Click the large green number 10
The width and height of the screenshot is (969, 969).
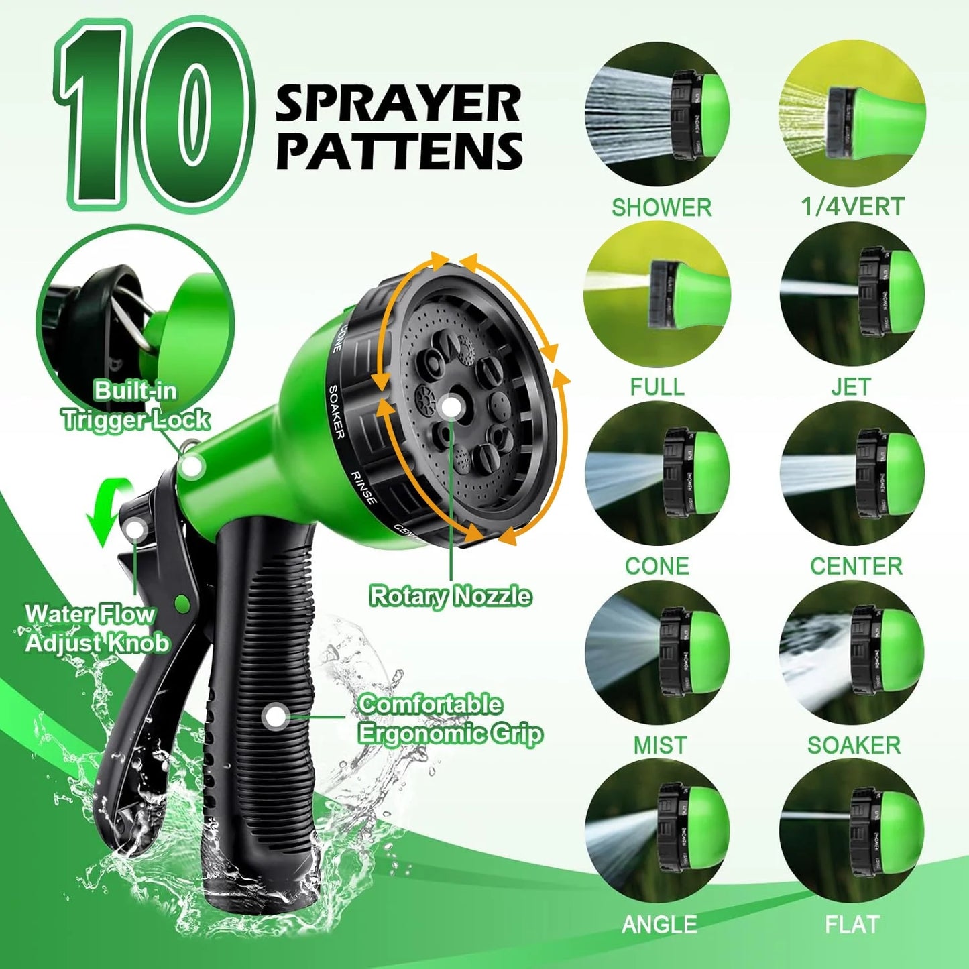click(x=154, y=114)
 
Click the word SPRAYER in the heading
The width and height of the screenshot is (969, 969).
click(x=398, y=104)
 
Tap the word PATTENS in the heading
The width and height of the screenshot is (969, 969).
click(x=399, y=151)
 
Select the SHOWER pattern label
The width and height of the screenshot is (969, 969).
click(x=661, y=208)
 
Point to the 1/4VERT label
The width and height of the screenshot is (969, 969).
click(x=853, y=207)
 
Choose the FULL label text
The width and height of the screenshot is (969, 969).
click(x=657, y=387)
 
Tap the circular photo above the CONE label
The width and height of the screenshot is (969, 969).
click(x=657, y=473)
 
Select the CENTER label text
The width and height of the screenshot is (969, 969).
click(x=856, y=566)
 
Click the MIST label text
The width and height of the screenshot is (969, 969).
click(x=660, y=745)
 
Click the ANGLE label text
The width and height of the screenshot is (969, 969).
click(x=659, y=925)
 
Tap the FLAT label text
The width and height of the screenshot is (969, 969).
click(x=852, y=925)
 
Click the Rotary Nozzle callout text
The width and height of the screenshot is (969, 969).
click(x=451, y=596)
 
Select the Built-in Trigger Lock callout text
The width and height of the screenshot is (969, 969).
click(x=136, y=405)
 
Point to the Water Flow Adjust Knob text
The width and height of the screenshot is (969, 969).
click(x=97, y=628)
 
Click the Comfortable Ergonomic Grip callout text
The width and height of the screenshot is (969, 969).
click(x=450, y=719)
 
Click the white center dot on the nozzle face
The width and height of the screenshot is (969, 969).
click(x=451, y=407)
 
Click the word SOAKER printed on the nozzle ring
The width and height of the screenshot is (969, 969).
click(x=337, y=412)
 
